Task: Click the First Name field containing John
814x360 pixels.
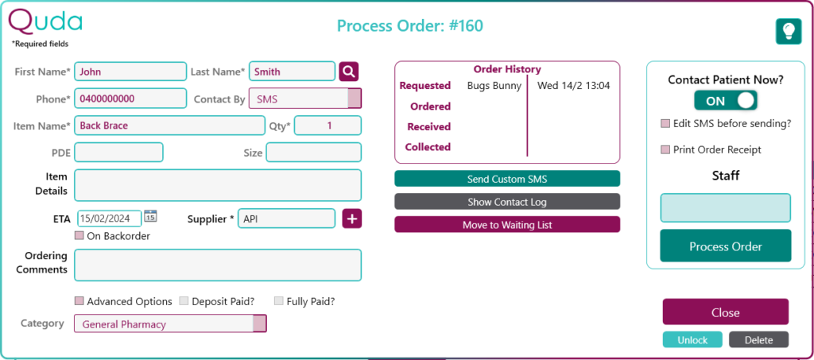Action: (130, 72)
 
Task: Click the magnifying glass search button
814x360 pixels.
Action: (349, 72)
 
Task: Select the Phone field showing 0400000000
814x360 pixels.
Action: (130, 99)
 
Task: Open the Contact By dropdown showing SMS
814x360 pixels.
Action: (304, 99)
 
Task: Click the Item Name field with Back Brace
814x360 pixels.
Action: (169, 126)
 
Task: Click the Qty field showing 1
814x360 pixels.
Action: (328, 126)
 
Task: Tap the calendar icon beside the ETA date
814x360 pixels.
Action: (150, 217)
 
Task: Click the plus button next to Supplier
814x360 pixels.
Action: (352, 219)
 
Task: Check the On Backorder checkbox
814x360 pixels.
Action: (79, 236)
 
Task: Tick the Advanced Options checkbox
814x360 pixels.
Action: (79, 301)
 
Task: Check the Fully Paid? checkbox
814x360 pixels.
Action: (279, 301)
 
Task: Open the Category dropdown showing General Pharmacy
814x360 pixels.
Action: (170, 323)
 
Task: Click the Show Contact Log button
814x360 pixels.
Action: (506, 202)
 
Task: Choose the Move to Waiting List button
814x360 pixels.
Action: (506, 225)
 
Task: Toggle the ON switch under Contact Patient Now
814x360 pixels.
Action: (725, 101)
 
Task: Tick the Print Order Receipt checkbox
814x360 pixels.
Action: (665, 149)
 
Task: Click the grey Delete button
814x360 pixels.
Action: (758, 340)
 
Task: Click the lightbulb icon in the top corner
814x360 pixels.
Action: (788, 31)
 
